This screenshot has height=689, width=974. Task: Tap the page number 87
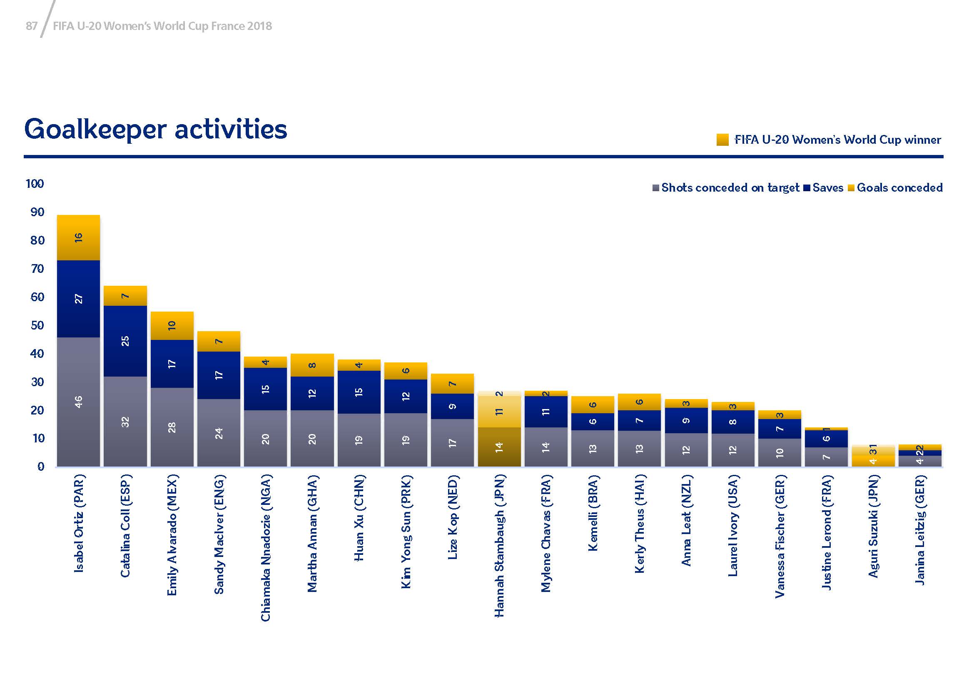coord(31,26)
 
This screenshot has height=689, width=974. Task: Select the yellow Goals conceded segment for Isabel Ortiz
coord(78,237)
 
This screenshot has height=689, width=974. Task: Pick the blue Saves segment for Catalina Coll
coord(125,341)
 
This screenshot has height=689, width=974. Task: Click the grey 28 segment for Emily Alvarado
coord(172,427)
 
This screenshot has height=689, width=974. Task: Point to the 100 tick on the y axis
coord(35,184)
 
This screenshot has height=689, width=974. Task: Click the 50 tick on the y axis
coord(37,325)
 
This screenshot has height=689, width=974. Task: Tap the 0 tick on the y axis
coord(40,467)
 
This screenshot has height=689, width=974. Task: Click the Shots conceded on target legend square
coord(656,188)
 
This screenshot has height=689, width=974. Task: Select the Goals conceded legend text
coord(899,188)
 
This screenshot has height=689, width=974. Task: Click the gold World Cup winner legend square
coord(722,140)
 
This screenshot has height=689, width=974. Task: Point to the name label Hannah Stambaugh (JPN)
coord(499,545)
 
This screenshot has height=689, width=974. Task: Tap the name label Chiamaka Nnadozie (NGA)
coord(266,548)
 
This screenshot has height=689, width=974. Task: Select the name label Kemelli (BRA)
coord(593,513)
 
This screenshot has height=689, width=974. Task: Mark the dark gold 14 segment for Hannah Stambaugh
coord(499,447)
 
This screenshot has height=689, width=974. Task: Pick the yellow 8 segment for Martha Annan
coord(312,365)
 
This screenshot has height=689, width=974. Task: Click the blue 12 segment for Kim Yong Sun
coord(406,396)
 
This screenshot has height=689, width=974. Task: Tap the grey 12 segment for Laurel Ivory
coord(732,450)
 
